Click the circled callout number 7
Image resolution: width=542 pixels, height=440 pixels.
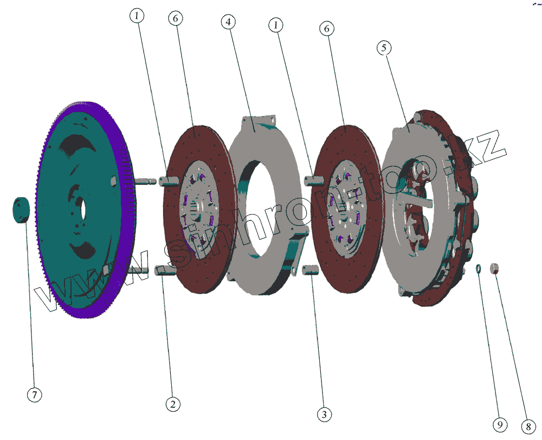click(x=34, y=394)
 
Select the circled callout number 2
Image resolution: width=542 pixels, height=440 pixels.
click(x=173, y=404)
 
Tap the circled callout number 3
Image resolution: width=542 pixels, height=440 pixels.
click(x=324, y=415)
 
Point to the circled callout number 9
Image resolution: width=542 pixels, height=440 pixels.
click(x=500, y=425)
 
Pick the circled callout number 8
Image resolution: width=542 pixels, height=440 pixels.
click(x=528, y=427)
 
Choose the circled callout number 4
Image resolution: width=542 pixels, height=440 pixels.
click(x=228, y=22)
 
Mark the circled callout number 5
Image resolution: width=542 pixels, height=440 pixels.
click(x=384, y=48)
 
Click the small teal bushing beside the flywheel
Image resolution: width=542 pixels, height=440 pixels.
click(x=22, y=210)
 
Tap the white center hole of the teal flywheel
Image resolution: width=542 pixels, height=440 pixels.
click(x=82, y=208)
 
